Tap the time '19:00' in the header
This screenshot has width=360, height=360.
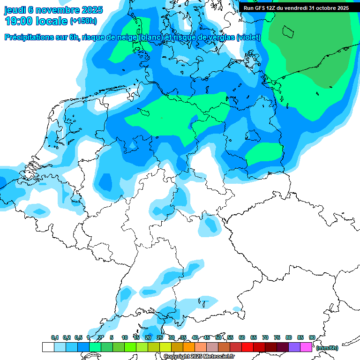click(x=18, y=21)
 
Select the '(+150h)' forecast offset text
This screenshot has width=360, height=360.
click(x=83, y=21)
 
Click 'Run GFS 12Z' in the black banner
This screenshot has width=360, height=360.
click(x=260, y=8)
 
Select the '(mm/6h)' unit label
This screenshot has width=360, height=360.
click(x=327, y=348)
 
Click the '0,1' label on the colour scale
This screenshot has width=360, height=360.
click(x=54, y=337)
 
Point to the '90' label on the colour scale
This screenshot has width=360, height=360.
click(x=312, y=337)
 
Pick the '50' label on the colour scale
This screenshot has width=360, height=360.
click(x=218, y=337)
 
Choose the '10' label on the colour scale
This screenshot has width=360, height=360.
click(x=125, y=337)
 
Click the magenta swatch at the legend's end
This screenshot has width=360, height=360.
click(x=306, y=347)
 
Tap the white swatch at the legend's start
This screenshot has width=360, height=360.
click(x=48, y=347)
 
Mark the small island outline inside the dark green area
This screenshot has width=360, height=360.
click(x=287, y=31)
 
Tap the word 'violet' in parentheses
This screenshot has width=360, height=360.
click(x=248, y=37)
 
